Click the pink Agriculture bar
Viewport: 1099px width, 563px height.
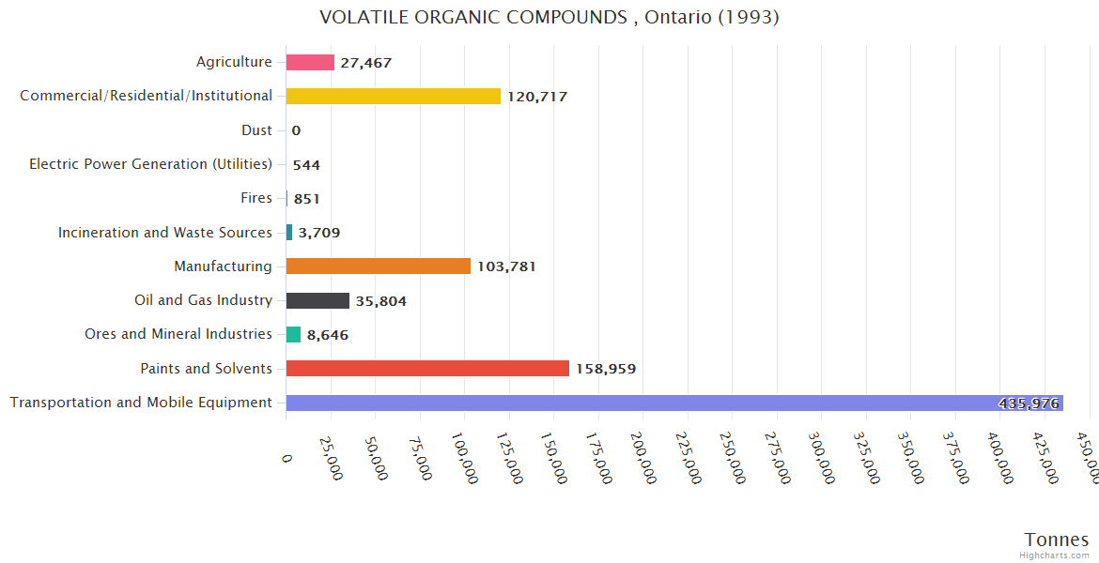coord(310,62)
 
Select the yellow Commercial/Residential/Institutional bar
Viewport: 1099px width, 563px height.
coord(393,96)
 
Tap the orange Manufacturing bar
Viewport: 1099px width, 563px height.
coord(378,266)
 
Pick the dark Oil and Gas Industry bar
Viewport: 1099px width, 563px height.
coord(317,300)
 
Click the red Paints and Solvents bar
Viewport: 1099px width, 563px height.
coord(427,369)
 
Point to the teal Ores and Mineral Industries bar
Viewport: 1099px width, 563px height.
coord(293,334)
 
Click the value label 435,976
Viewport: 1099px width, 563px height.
coord(1029,403)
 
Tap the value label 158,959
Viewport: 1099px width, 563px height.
coord(605,369)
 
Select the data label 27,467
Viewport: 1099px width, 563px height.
coord(365,63)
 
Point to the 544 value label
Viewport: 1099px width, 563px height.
coord(306,165)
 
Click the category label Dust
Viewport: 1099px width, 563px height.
coord(256,130)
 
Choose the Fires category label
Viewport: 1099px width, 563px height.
coord(256,198)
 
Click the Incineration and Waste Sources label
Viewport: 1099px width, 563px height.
coord(165,232)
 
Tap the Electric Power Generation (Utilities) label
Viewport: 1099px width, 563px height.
coord(150,164)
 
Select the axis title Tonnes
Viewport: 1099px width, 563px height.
coord(1056,540)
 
